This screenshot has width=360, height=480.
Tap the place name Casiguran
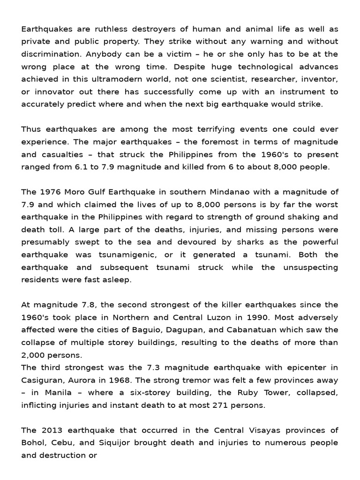coord(41,380)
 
